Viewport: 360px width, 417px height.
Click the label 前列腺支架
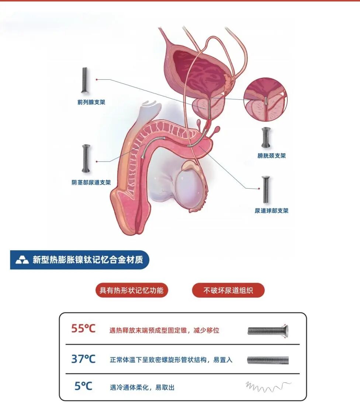tap(91, 102)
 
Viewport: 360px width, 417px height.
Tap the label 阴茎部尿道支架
tap(91, 182)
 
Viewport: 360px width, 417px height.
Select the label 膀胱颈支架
tap(271, 156)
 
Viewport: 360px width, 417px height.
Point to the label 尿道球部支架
tap(271, 211)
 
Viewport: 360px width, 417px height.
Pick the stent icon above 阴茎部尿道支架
tap(86, 158)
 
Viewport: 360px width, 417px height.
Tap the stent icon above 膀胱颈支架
tap(265, 138)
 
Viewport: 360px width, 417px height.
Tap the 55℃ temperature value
tap(83, 328)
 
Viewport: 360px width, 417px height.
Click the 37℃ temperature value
tap(83, 358)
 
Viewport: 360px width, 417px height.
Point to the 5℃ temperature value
tap(83, 386)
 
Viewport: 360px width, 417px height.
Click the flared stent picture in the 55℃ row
tap(268, 330)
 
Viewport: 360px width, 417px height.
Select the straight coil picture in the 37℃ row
tap(268, 360)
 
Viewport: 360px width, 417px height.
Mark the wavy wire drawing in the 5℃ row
tap(268, 386)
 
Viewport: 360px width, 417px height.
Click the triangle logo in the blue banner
tap(22, 260)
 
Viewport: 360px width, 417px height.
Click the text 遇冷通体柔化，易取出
tap(142, 387)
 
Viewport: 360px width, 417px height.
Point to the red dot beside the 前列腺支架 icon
tap(97, 79)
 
